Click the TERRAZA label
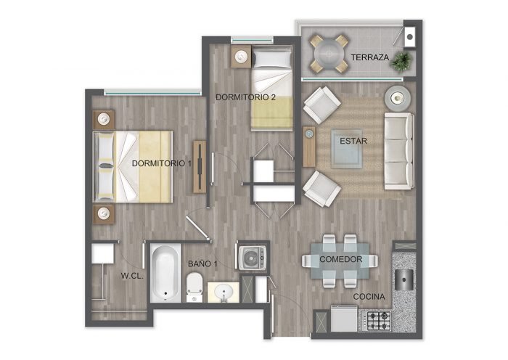[x=369, y=57]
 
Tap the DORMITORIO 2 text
[x=245, y=97]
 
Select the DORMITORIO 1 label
[x=162, y=163]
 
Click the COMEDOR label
[x=341, y=259]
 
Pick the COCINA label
[x=369, y=296]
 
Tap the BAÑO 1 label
[x=202, y=263]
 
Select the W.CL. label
[x=132, y=276]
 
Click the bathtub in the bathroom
[x=165, y=273]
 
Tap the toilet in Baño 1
[x=194, y=287]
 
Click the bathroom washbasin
[x=224, y=292]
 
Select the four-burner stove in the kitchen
[x=376, y=321]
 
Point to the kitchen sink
[x=404, y=279]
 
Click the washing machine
[x=253, y=258]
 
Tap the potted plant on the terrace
[x=401, y=61]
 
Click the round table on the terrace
[x=329, y=54]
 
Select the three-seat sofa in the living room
[x=399, y=151]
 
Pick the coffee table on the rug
[x=347, y=149]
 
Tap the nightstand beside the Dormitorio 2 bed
[x=241, y=57]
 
